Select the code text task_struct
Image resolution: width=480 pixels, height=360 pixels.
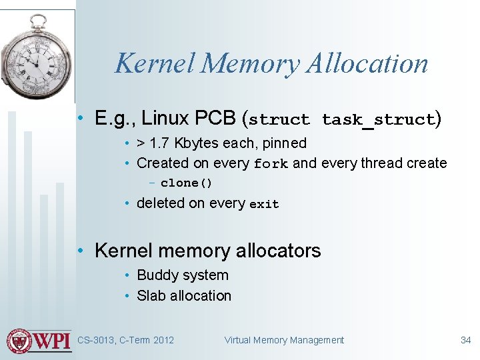pyautogui.click(x=377, y=120)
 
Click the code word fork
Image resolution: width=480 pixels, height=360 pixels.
pyautogui.click(x=271, y=164)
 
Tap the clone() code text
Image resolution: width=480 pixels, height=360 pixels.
pyautogui.click(x=186, y=183)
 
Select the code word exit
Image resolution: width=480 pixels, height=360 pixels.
pyautogui.click(x=264, y=205)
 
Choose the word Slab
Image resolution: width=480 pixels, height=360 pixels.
pyautogui.click(x=150, y=295)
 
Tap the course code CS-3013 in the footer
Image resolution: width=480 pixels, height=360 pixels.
pyautogui.click(x=95, y=340)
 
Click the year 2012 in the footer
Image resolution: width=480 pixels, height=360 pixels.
pyautogui.click(x=163, y=340)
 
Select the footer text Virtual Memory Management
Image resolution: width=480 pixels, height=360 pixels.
pyautogui.click(x=284, y=340)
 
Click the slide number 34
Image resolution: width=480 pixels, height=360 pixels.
pyautogui.click(x=465, y=340)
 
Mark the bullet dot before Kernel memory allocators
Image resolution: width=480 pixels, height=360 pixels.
pyautogui.click(x=81, y=251)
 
